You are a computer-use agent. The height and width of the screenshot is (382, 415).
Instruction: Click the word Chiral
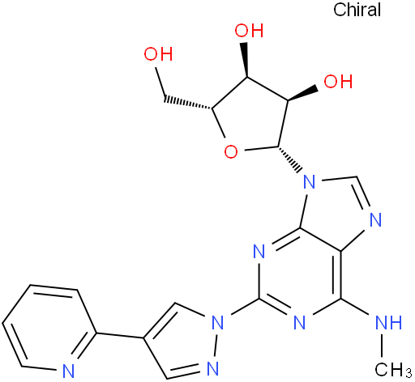[357, 10]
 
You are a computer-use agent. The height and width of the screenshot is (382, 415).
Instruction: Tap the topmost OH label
[249, 30]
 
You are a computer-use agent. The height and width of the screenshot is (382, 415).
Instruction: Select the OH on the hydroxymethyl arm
[158, 53]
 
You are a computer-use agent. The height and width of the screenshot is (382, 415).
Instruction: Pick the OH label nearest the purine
[338, 81]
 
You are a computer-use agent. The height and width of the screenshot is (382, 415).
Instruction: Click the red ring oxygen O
[231, 152]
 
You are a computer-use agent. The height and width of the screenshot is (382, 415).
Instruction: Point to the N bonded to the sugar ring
[310, 182]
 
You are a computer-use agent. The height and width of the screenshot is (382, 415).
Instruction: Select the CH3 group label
[393, 369]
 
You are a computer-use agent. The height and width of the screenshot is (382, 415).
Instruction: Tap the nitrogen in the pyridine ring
[68, 371]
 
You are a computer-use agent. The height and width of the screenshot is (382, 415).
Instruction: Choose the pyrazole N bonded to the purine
[218, 323]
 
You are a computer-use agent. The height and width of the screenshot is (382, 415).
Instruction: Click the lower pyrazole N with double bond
[212, 368]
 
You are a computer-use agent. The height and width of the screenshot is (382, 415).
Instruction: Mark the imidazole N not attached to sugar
[375, 220]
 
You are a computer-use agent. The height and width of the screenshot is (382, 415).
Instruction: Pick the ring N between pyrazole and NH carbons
[299, 322]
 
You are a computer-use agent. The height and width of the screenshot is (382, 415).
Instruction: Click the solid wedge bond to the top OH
[246, 59]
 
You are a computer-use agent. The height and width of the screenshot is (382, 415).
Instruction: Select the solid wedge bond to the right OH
[302, 94]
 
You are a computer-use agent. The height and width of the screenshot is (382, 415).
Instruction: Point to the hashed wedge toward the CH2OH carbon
[188, 102]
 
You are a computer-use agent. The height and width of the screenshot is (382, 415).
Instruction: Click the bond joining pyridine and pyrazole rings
[120, 335]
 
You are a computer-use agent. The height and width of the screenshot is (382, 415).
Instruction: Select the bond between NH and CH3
[382, 346]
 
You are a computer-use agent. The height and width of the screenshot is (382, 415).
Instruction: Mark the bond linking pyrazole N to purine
[245, 308]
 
